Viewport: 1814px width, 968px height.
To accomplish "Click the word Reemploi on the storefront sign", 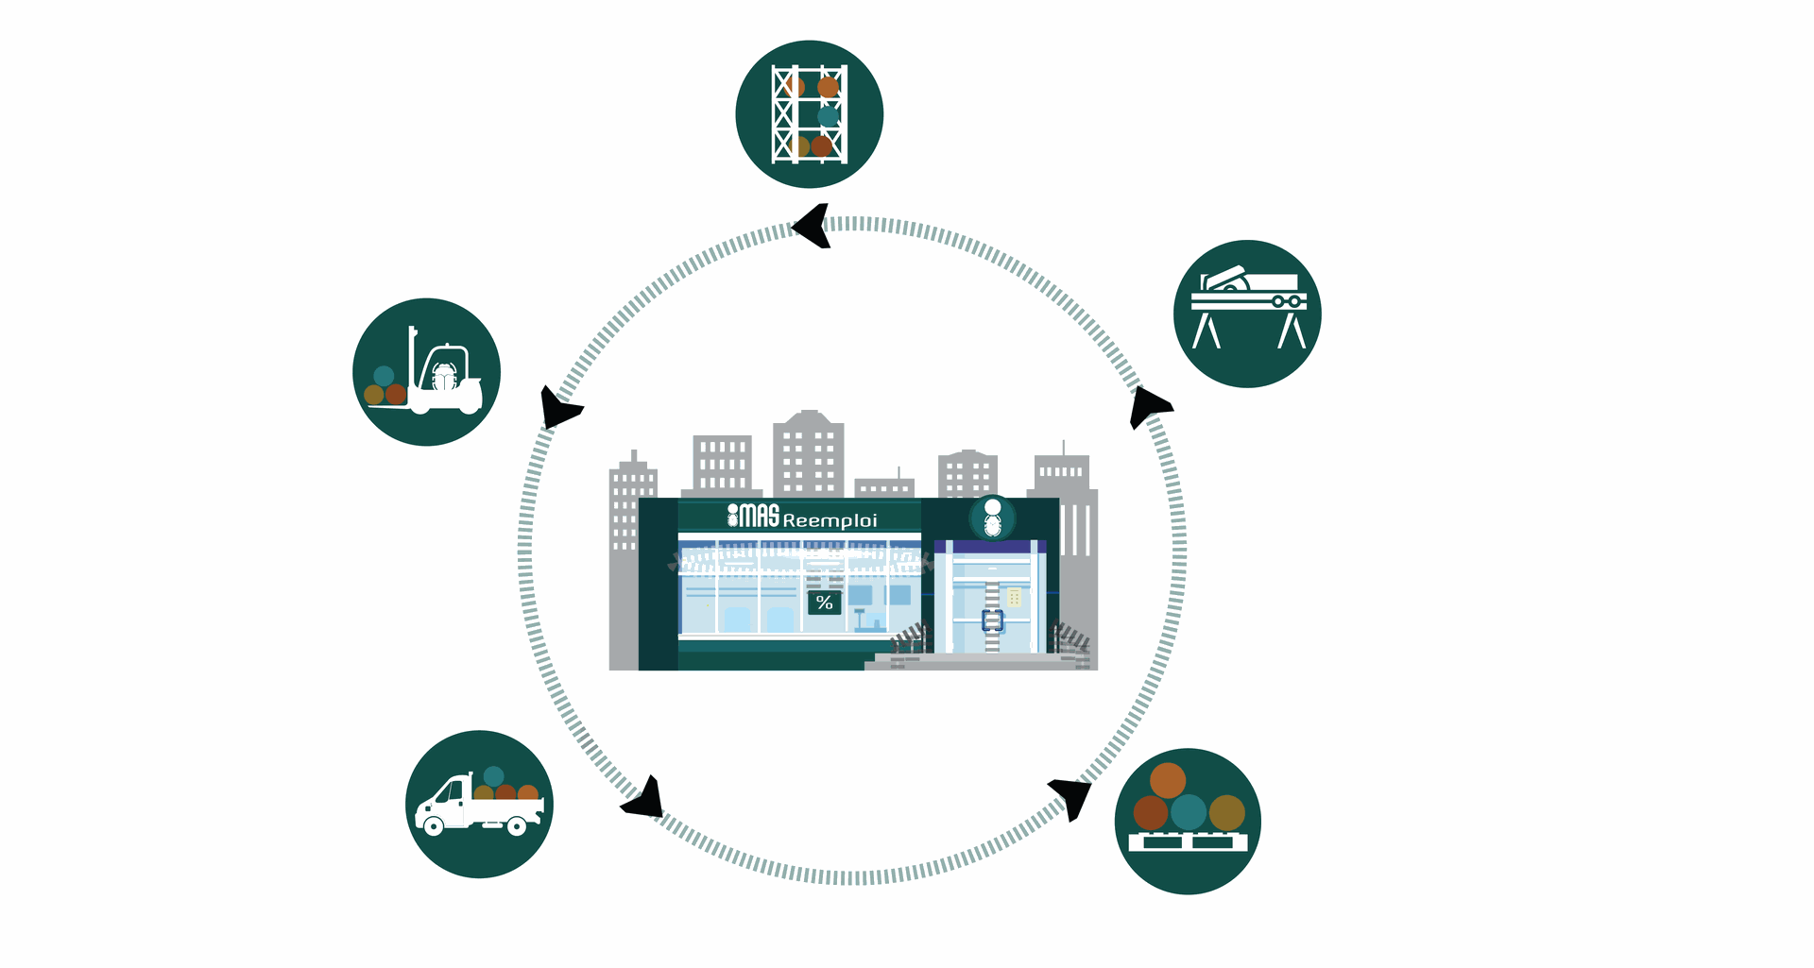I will (x=830, y=520).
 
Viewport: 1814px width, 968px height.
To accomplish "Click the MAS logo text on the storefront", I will (x=753, y=516).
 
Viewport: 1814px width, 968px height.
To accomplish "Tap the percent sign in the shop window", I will (x=824, y=603).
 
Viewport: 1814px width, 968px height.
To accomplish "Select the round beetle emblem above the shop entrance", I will (x=992, y=518).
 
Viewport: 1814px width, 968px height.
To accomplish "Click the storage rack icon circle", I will (x=809, y=114).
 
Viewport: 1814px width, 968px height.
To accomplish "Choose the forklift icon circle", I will (x=426, y=372).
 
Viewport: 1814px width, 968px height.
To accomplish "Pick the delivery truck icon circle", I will (x=479, y=804).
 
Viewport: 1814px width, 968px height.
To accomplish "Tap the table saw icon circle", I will (x=1247, y=314).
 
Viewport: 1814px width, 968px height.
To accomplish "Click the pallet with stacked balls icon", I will (x=1188, y=821).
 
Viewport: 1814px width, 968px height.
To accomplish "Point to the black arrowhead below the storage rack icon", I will (x=813, y=227).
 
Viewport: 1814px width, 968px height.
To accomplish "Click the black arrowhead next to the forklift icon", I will (x=558, y=409).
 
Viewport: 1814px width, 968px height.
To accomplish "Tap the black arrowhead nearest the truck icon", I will (x=644, y=800).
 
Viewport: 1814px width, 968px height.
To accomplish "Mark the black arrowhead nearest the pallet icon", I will (x=1071, y=796).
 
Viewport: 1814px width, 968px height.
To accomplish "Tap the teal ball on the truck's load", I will (x=493, y=776).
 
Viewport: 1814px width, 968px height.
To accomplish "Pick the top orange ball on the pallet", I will (x=1168, y=780).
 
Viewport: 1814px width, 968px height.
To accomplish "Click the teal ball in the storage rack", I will (x=828, y=116).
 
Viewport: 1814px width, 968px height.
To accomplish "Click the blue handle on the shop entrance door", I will (x=992, y=620).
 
